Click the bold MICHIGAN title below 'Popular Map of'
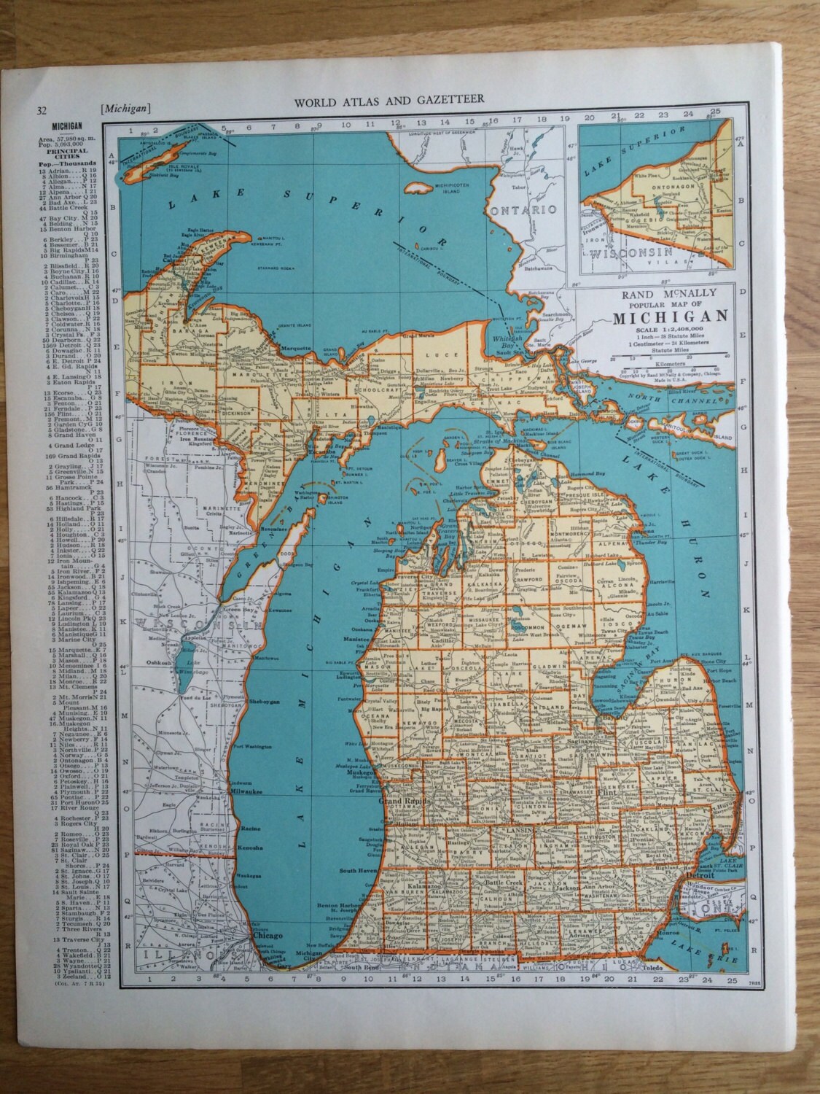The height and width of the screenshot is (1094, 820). [x=670, y=317]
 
